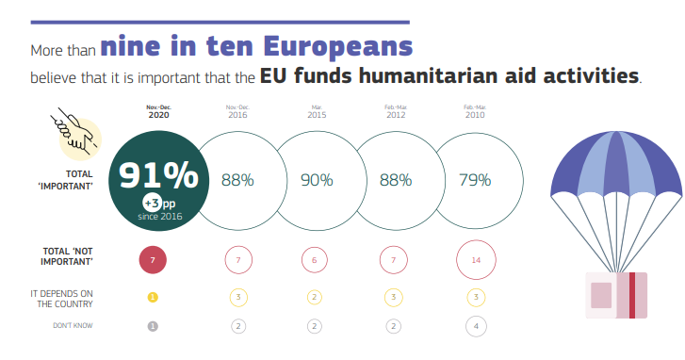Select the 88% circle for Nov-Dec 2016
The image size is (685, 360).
[x=237, y=180]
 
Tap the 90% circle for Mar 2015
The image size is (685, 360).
[x=317, y=180]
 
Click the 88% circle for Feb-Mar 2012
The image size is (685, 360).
[x=396, y=180]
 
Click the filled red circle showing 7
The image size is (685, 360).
[x=153, y=259]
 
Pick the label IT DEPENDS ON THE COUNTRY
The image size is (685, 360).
[x=61, y=299]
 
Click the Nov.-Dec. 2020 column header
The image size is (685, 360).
[x=159, y=110]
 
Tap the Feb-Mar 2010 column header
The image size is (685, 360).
[x=475, y=110]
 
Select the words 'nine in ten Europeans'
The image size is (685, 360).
[x=256, y=45]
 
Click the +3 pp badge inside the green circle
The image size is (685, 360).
[x=158, y=203]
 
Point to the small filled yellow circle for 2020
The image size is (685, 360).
[x=153, y=297]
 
